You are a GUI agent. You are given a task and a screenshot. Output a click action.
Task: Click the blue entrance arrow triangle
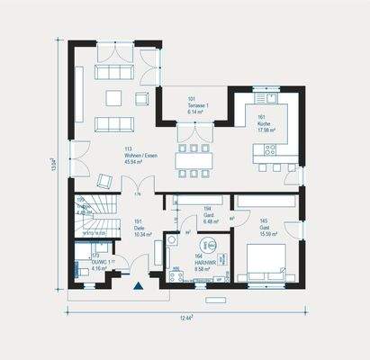pyautogui.click(x=138, y=286)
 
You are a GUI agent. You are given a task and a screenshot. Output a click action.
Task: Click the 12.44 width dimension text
pyautogui.click(x=185, y=318)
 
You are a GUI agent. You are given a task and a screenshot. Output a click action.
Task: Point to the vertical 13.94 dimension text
pyautogui.click(x=54, y=163)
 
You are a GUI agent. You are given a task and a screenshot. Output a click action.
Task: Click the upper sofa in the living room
pyautogui.click(x=115, y=71)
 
